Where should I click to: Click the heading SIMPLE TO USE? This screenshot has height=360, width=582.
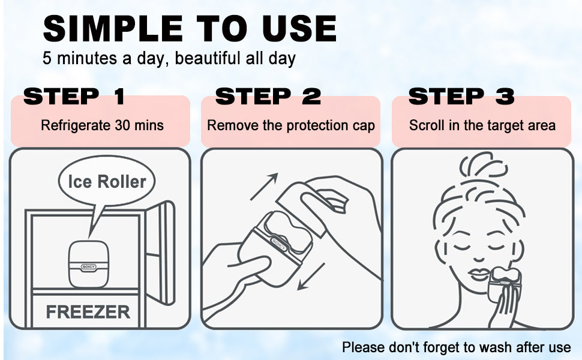[x=189, y=28]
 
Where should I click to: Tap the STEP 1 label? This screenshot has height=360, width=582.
[x=74, y=96]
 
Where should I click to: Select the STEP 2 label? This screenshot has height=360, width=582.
[x=268, y=96]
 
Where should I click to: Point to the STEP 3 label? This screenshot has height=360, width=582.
[x=461, y=96]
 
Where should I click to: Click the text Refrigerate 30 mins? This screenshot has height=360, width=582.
[x=102, y=125]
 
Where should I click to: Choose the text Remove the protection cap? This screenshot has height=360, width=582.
[x=290, y=125]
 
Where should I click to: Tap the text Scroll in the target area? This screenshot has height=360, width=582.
[x=482, y=125]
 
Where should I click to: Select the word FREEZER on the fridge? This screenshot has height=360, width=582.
[x=88, y=312]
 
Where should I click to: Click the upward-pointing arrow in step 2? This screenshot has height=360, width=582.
[x=264, y=186]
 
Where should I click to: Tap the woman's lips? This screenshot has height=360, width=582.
[x=478, y=274]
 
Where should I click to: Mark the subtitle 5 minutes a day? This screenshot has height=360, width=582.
[x=169, y=59]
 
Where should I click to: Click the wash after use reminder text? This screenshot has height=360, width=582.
[x=456, y=347]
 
